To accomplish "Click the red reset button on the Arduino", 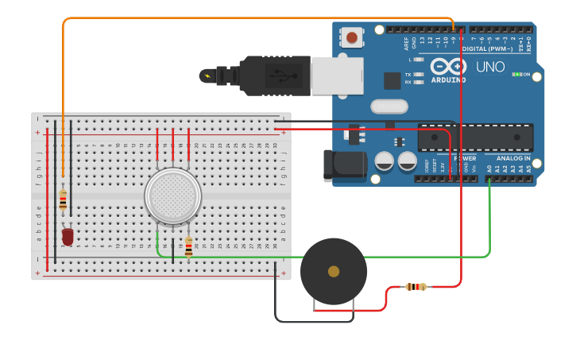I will [x=351, y=37].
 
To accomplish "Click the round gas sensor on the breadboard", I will [x=172, y=195].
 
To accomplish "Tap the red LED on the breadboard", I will [x=68, y=236].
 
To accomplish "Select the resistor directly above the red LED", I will [x=63, y=199].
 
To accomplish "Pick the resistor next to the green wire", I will [x=188, y=246].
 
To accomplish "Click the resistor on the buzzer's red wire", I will [x=416, y=287].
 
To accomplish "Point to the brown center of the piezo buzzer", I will [x=334, y=272].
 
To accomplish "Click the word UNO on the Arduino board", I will [x=489, y=68].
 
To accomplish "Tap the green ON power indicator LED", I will [x=517, y=75].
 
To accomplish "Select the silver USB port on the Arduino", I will [x=337, y=76].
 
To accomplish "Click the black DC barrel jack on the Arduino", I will [x=343, y=165].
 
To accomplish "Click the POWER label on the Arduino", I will [x=465, y=158].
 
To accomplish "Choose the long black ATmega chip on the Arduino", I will [x=475, y=137].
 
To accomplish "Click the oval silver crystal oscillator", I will [x=389, y=106].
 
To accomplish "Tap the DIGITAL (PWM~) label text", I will [x=486, y=48].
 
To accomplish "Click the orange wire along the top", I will [x=238, y=17].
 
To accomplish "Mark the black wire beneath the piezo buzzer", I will [x=314, y=321].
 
